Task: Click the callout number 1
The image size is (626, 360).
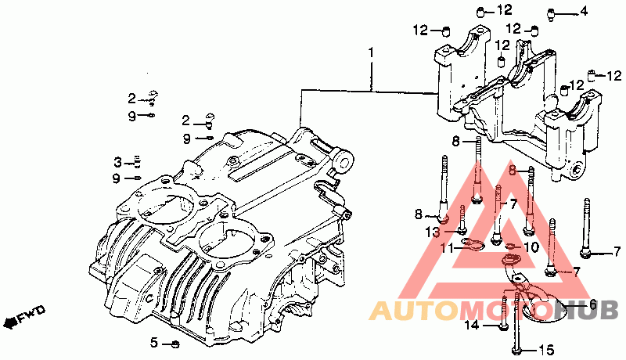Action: coord(371,52)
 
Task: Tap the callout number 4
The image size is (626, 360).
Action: coord(584,11)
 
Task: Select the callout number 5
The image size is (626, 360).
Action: coord(154,343)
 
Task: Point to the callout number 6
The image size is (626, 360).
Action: coord(593,305)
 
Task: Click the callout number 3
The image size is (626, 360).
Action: coord(117,163)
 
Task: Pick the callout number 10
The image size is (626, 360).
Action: coord(531,247)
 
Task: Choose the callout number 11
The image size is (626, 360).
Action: coord(448,248)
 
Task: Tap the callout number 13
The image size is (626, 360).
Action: coord(433,232)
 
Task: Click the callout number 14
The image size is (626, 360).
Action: coord(472,326)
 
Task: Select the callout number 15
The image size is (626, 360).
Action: coord(547,351)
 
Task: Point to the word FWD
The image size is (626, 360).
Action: coord(32,313)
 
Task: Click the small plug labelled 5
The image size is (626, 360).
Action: coord(174,344)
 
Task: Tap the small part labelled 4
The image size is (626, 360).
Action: coord(552,14)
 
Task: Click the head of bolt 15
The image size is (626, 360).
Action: coord(516,351)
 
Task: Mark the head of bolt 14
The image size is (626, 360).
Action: coord(503,327)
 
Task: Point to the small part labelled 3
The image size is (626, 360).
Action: coord(138,161)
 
